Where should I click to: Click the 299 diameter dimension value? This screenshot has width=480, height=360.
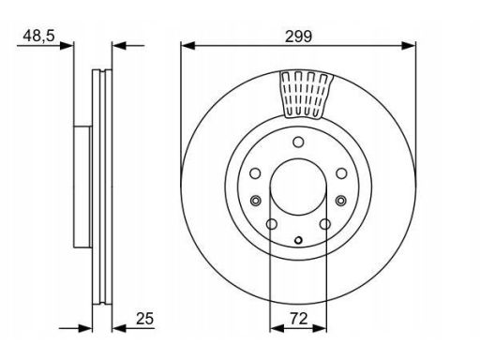(298, 37)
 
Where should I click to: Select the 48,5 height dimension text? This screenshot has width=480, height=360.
(38, 36)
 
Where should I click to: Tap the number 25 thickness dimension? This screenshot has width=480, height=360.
(144, 319)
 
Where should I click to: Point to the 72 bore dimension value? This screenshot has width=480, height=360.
(299, 319)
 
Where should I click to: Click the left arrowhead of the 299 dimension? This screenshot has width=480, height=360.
(187, 46)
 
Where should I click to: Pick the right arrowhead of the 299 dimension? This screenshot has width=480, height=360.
(409, 46)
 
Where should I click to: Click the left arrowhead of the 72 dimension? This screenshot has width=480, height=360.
(277, 328)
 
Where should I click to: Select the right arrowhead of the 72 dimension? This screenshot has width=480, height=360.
(320, 328)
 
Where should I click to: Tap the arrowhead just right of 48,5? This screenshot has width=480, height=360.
(67, 46)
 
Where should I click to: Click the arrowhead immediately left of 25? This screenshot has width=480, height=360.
(119, 328)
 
